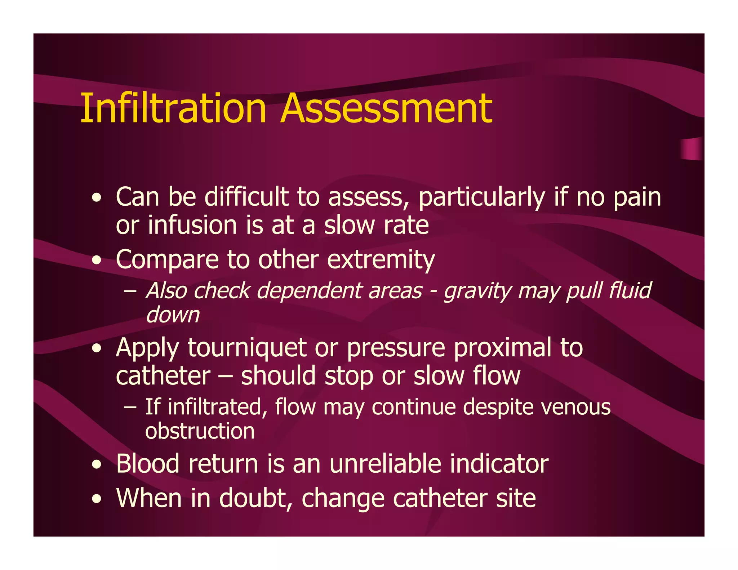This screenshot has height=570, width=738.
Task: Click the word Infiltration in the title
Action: point(173,108)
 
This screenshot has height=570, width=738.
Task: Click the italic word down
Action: point(172,315)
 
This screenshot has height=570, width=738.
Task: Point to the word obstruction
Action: point(200,431)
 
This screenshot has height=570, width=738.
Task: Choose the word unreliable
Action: point(385,464)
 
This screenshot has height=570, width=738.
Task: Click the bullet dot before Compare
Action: point(96,260)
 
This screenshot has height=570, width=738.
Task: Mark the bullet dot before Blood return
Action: point(96,465)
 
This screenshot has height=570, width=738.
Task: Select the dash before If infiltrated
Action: point(130,408)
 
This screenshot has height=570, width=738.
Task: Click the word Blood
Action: point(147,464)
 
